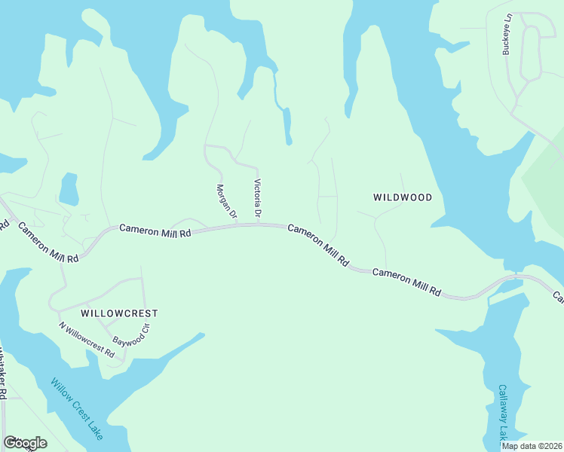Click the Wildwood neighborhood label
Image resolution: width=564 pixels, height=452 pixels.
point(403,197)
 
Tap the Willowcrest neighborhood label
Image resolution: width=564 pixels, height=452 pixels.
point(120,311)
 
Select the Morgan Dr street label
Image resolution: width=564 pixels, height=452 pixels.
point(226,202)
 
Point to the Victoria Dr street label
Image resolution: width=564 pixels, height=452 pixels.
point(258,200)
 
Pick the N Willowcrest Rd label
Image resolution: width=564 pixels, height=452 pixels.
point(87,340)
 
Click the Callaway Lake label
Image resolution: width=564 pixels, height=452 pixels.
point(503,412)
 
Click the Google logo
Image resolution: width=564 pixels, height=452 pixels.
point(25,442)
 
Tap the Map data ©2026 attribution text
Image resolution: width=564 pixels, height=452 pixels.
point(532,446)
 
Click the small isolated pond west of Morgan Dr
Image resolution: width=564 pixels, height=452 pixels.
point(69,189)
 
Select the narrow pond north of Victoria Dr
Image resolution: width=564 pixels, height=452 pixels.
point(287,126)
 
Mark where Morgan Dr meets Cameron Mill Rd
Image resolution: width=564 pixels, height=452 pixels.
point(236,224)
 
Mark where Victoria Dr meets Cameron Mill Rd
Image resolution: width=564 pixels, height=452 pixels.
point(259,224)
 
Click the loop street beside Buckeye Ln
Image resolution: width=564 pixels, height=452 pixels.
point(531,53)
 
